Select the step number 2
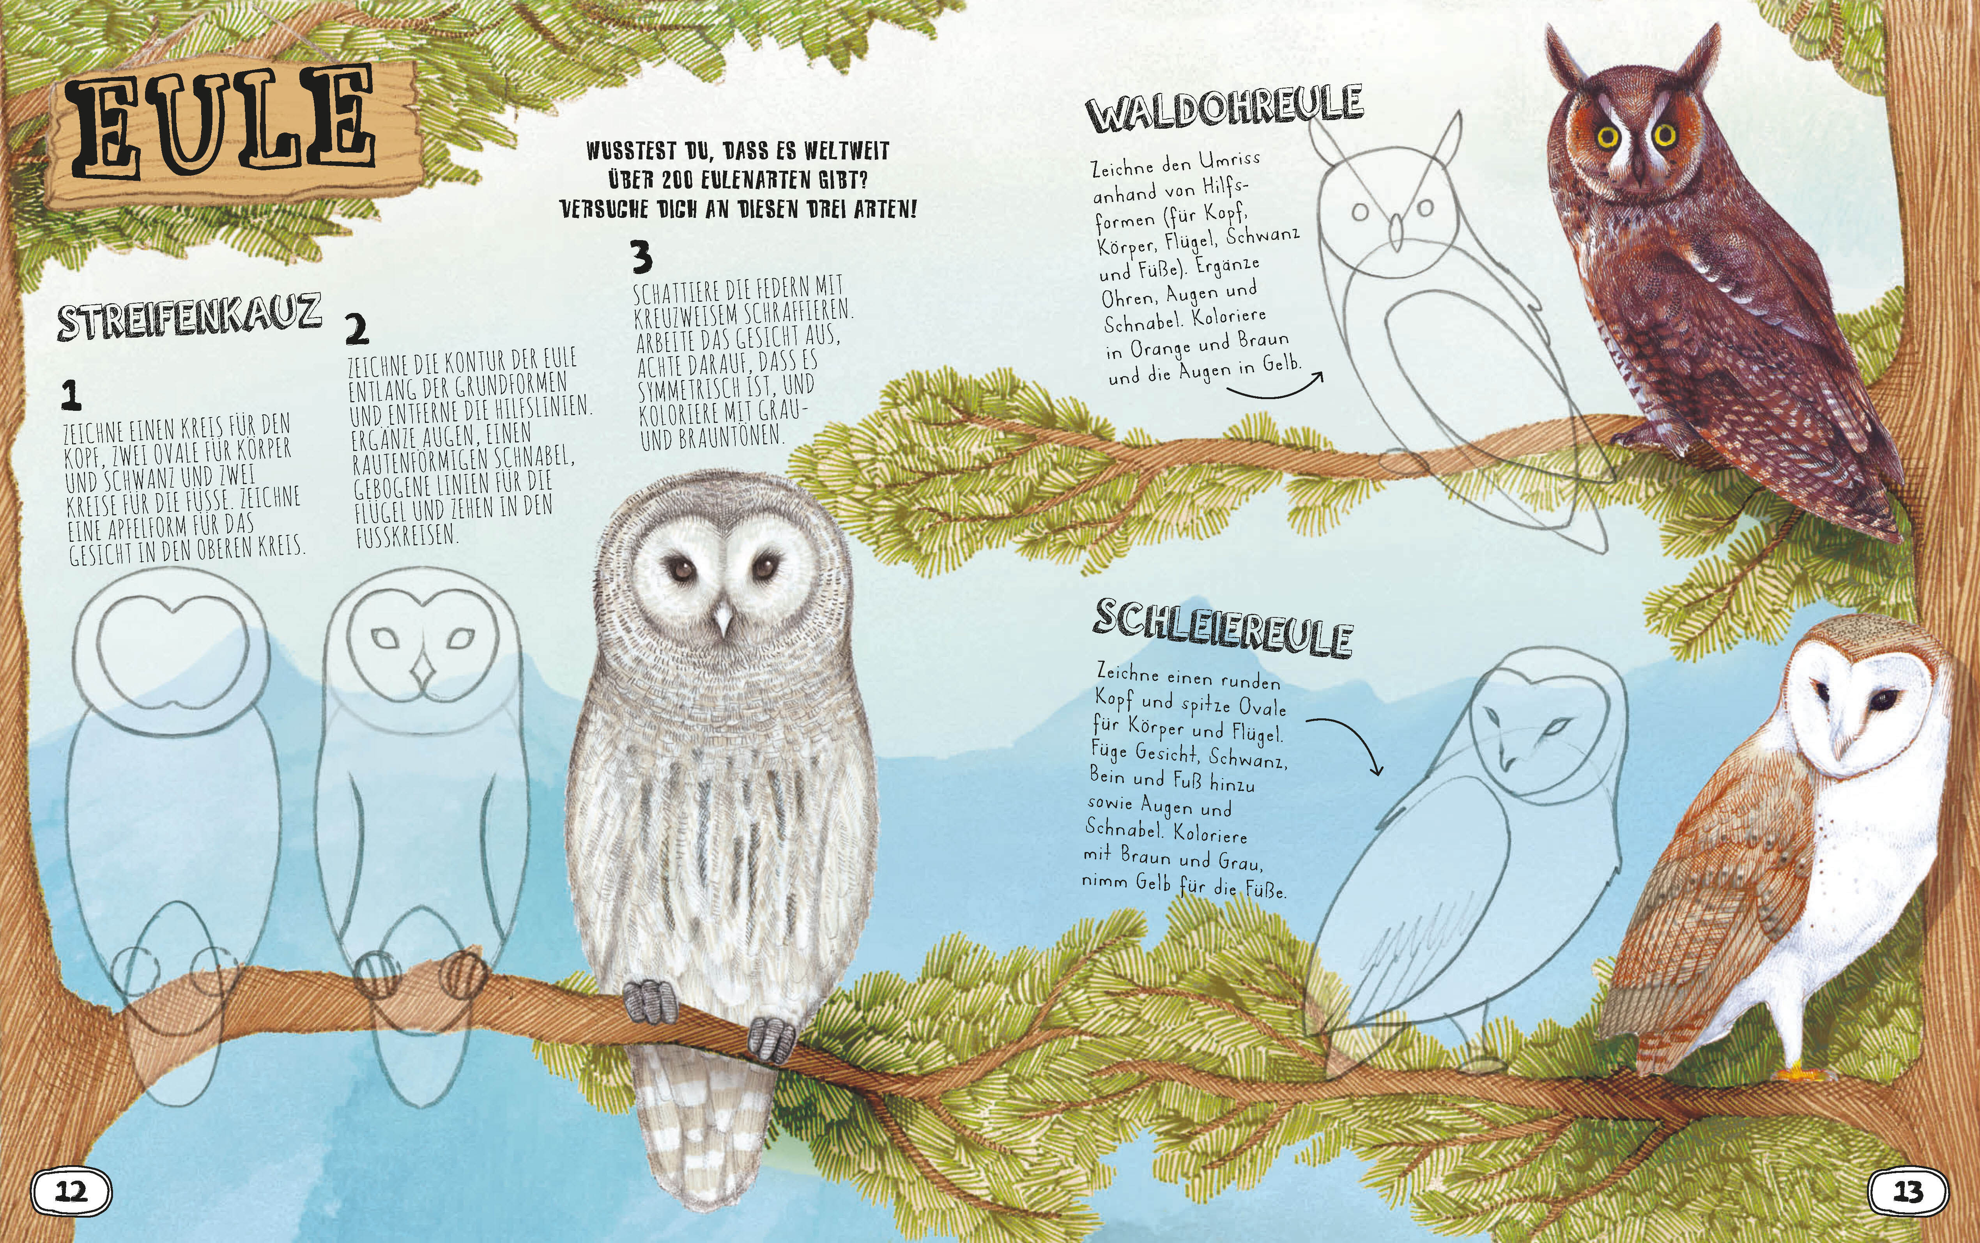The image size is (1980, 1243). coord(357,329)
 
